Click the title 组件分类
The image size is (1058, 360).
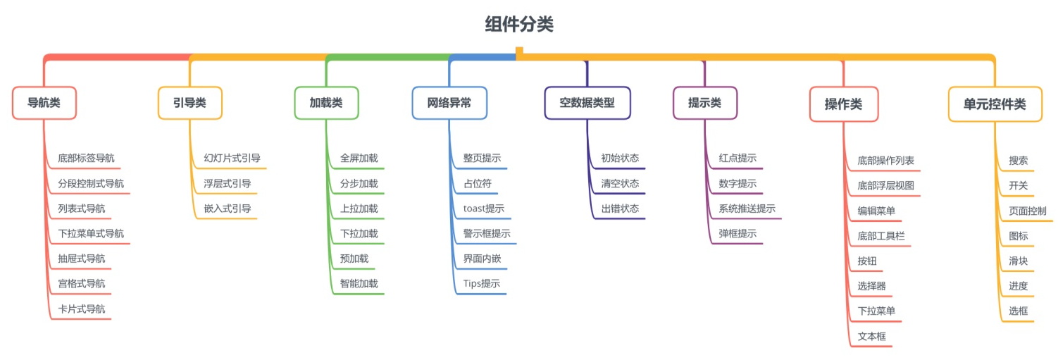pos(519,24)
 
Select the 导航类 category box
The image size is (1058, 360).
pos(44,103)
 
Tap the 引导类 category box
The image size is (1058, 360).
pos(190,103)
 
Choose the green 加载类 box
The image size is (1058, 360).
pos(326,103)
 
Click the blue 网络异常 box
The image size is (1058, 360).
pos(449,103)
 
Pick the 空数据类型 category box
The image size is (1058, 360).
pos(587,103)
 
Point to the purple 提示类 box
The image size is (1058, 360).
pos(704,103)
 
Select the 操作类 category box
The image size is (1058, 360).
pos(844,104)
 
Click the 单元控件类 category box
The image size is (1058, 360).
pos(995,104)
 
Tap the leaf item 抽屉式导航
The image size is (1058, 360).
pos(81,259)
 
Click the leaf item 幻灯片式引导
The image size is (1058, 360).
pos(232,158)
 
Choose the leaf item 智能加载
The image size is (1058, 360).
pos(359,283)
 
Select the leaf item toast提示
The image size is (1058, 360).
pos(484,209)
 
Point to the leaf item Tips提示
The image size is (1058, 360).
pos(481,283)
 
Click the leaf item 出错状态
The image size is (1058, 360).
pos(620,209)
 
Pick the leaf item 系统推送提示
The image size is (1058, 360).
pos(747,209)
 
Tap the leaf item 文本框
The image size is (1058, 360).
pos(871,336)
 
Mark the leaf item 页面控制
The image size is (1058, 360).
pos(1027,211)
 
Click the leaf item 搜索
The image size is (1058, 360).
pos(1018,161)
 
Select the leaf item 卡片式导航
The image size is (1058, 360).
pos(81,309)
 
